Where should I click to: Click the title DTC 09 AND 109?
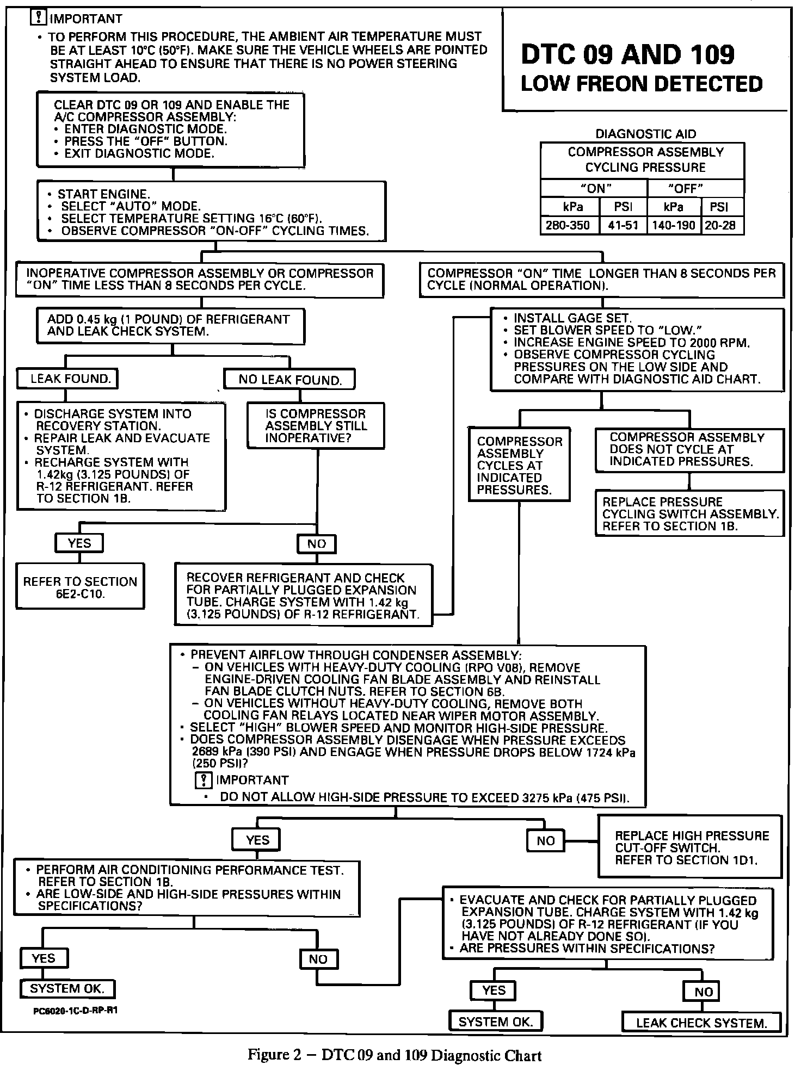[x=627, y=54]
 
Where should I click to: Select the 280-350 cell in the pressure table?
[x=568, y=225]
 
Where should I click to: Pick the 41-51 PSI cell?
[x=623, y=225]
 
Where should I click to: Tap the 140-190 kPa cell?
[x=674, y=225]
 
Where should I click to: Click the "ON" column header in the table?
[x=595, y=189]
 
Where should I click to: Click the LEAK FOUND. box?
[x=67, y=379]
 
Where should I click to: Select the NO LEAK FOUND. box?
[x=289, y=380]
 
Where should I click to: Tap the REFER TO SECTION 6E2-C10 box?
[x=80, y=587]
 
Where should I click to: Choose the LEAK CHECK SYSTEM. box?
[x=701, y=1023]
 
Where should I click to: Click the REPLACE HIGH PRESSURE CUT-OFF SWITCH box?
[x=690, y=847]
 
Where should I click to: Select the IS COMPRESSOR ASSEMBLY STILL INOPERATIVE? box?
[x=316, y=426]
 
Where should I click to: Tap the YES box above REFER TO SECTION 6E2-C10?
[x=79, y=543]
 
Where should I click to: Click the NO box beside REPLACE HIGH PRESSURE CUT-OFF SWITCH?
[x=545, y=841]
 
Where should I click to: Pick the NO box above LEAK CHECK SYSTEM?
[x=703, y=992]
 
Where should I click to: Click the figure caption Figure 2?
[x=395, y=1055]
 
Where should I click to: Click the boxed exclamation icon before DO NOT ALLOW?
[x=202, y=780]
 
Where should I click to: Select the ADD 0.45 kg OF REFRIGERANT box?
[x=170, y=325]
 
